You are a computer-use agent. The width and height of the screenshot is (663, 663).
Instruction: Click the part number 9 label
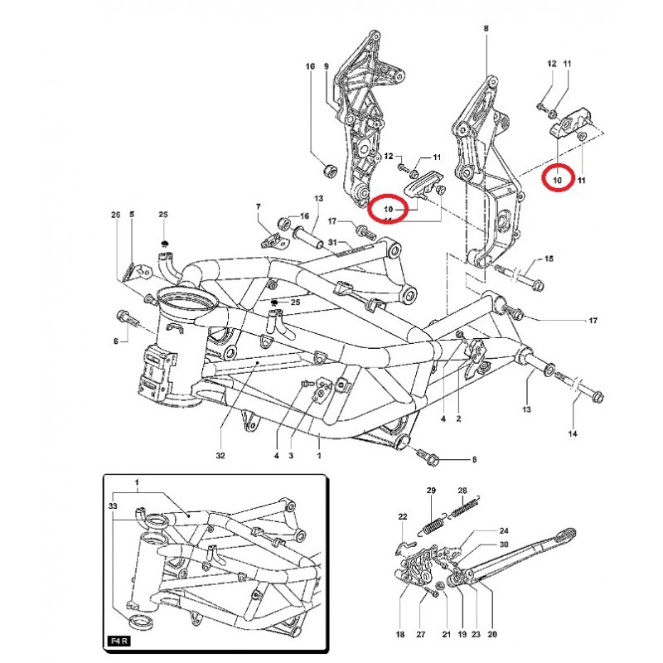click(x=327, y=65)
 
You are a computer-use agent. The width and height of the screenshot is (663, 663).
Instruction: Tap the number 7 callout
click(x=258, y=206)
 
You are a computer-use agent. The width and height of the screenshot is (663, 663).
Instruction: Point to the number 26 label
click(x=116, y=215)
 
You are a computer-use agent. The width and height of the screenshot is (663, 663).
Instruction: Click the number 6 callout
click(x=116, y=341)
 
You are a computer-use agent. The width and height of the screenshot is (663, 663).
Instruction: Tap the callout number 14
click(x=573, y=433)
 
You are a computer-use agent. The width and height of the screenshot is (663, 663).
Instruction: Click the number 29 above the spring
click(x=431, y=491)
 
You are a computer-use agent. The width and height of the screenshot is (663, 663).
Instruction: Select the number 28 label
click(x=463, y=491)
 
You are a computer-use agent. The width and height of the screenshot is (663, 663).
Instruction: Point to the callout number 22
click(x=403, y=517)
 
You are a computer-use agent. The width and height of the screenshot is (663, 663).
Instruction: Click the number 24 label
click(x=503, y=530)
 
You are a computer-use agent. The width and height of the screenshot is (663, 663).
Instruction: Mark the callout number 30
click(x=503, y=544)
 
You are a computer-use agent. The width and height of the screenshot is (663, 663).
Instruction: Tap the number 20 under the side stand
click(x=491, y=636)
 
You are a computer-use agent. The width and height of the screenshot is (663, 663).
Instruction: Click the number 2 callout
click(x=458, y=419)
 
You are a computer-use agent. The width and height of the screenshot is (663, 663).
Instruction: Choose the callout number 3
click(x=291, y=456)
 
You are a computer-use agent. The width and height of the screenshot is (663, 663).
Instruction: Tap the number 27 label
click(x=420, y=636)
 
